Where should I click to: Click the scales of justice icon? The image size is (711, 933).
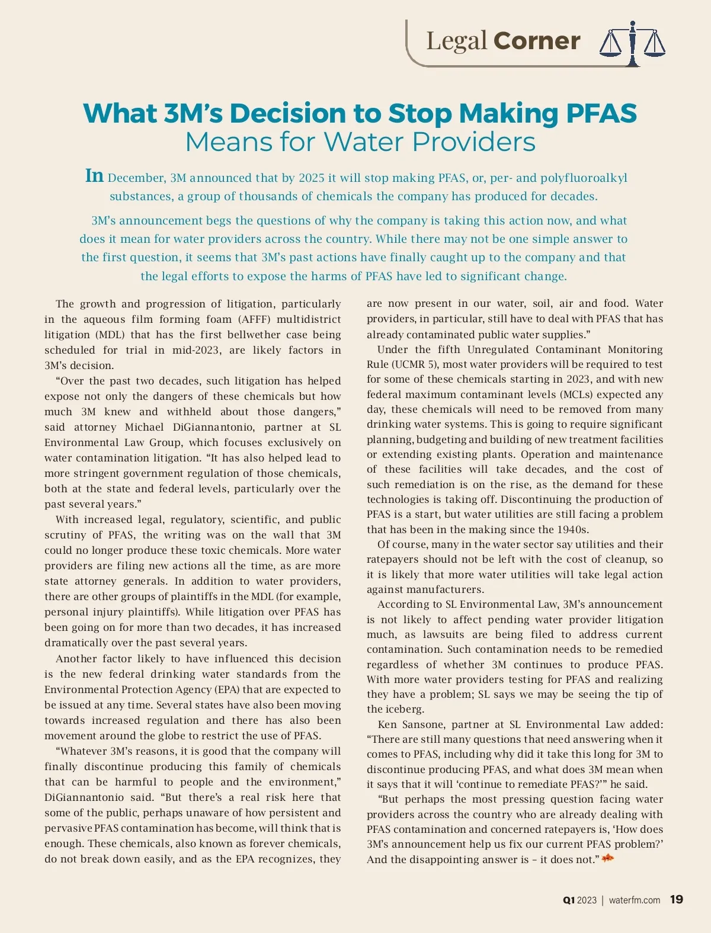click(632, 43)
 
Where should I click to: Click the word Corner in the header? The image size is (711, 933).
click(536, 41)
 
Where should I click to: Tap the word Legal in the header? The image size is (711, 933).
click(456, 41)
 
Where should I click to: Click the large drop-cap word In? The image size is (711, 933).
click(94, 176)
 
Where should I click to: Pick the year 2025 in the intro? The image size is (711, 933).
click(311, 178)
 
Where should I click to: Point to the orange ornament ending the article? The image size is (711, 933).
click(607, 858)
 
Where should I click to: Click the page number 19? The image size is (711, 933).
click(676, 899)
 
